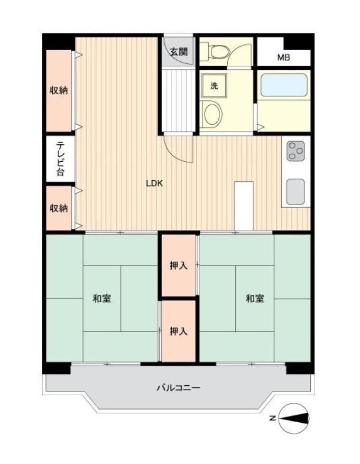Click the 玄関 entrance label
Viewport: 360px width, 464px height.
pyautogui.click(x=179, y=52)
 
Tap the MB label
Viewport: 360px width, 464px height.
pyautogui.click(x=283, y=58)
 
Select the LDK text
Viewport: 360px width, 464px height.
pyautogui.click(x=154, y=183)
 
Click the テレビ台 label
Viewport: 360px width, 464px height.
pyautogui.click(x=60, y=159)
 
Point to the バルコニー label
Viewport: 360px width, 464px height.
pyautogui.click(x=179, y=387)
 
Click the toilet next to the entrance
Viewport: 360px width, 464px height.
pyautogui.click(x=216, y=51)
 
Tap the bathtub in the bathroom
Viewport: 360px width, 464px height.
pyautogui.click(x=284, y=85)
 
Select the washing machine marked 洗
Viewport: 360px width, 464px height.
pyautogui.click(x=214, y=86)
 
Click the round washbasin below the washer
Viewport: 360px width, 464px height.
pyautogui.click(x=213, y=114)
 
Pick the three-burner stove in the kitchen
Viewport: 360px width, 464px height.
pyautogui.click(x=296, y=151)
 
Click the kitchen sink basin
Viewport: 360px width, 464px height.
pyautogui.click(x=296, y=192)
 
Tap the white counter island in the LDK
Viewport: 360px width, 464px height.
pyautogui.click(x=244, y=206)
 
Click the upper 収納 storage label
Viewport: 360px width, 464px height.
pyautogui.click(x=59, y=90)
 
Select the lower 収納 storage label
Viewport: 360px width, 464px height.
pyautogui.click(x=59, y=208)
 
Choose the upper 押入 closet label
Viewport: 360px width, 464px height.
pyautogui.click(x=179, y=265)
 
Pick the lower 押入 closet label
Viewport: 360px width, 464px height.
pyautogui.click(x=179, y=331)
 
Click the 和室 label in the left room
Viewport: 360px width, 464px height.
pyautogui.click(x=102, y=298)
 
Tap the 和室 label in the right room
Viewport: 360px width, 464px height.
pyautogui.click(x=255, y=298)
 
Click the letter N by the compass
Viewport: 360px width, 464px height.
pyautogui.click(x=273, y=419)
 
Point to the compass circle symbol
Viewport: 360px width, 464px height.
pyautogui.click(x=294, y=419)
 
